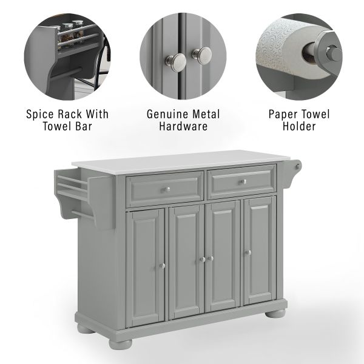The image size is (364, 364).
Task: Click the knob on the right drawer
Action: (243, 182)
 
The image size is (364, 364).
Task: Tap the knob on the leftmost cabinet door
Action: (162, 266)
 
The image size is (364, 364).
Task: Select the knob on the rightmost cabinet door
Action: (248, 252)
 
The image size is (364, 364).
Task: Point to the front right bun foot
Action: (275, 313)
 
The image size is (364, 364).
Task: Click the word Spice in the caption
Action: (40, 114)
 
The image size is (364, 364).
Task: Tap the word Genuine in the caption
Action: (167, 115)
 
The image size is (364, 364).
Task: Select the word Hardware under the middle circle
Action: (183, 127)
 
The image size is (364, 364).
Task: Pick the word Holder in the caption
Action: (299, 127)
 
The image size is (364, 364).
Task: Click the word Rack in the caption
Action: (70, 114)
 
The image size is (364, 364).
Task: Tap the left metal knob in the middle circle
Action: (176, 60)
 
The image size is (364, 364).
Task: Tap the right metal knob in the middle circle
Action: (202, 56)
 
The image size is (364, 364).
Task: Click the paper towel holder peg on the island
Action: (297, 166)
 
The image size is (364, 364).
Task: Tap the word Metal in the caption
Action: (206, 114)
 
